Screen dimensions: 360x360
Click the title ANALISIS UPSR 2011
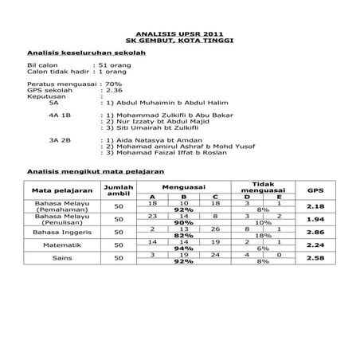tap(180, 35)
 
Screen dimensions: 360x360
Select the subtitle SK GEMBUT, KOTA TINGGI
tap(180, 41)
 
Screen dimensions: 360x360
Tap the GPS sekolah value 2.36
tap(114, 90)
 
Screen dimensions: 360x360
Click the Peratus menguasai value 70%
tap(113, 84)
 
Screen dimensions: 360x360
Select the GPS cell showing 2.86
tap(315, 232)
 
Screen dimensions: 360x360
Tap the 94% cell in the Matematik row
tap(184, 249)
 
